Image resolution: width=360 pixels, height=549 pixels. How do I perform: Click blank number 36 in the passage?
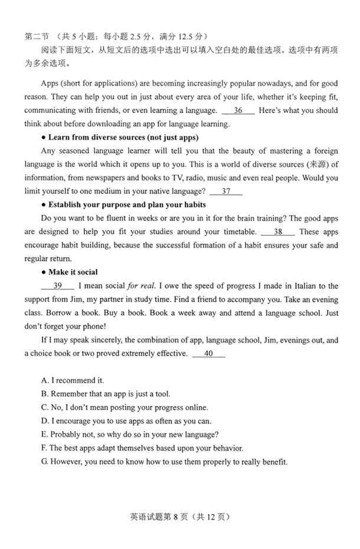point(238,110)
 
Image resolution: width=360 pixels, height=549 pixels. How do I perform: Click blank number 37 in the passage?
point(226,191)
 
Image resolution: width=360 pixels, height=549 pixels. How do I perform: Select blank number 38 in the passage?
point(277,232)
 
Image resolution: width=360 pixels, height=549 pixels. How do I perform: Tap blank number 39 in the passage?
point(58,286)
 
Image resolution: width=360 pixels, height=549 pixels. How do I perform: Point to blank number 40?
point(208,353)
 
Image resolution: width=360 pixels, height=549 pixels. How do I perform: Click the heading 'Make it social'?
point(73,272)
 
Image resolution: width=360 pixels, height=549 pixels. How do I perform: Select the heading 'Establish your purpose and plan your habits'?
point(127,205)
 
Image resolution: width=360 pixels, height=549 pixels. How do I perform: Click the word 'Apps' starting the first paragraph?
point(51,83)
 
